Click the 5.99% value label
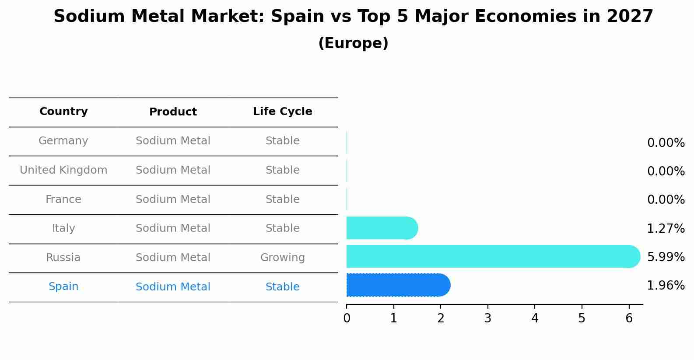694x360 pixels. (666, 257)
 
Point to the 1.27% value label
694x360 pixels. (666, 228)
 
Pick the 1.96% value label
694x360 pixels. (666, 286)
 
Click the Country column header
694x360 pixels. (63, 112)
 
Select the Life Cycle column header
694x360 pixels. (282, 112)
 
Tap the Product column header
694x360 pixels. (173, 112)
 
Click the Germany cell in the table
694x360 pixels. (63, 141)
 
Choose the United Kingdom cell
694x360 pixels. (63, 170)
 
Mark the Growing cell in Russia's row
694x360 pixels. (282, 258)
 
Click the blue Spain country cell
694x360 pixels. (63, 287)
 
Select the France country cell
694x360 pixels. (63, 199)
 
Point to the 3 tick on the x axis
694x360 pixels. (487, 318)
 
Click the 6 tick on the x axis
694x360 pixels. (629, 318)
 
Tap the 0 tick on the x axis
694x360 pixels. (347, 318)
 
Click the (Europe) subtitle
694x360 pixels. (353, 43)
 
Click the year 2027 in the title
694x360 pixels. (630, 17)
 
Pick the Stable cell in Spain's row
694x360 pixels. (282, 287)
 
